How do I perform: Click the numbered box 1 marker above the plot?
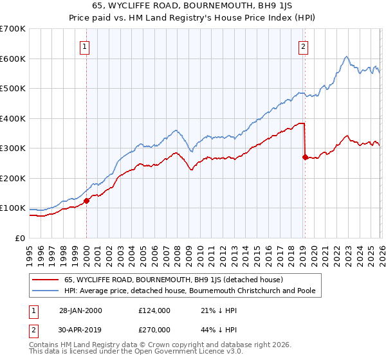coord(86,46)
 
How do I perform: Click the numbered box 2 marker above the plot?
coord(304,46)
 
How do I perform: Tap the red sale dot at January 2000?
coord(86,201)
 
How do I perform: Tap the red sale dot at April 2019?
coord(304,156)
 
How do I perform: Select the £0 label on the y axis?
coord(21,238)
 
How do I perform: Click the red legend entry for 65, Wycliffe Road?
coord(178,280)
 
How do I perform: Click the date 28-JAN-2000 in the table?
coord(80,310)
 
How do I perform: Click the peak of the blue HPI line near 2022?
coord(346,57)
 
